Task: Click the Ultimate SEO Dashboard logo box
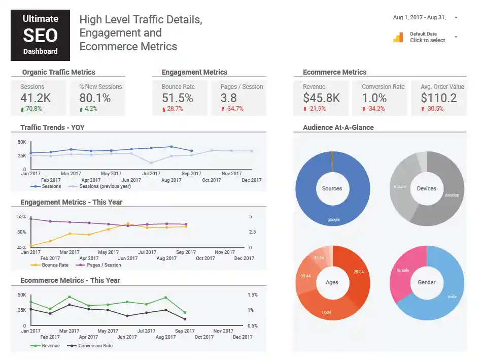click(x=40, y=35)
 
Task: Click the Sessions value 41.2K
click(x=36, y=98)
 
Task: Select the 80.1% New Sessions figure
click(x=95, y=98)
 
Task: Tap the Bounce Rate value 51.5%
click(x=177, y=98)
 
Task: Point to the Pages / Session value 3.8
click(x=228, y=98)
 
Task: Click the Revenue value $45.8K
click(x=321, y=98)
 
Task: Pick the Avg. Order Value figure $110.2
click(x=438, y=98)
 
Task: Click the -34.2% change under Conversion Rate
click(x=375, y=109)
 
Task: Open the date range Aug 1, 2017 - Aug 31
click(x=420, y=18)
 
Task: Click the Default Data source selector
click(x=427, y=37)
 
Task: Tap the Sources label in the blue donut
click(x=332, y=188)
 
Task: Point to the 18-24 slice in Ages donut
click(x=326, y=312)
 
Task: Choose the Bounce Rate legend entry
click(x=54, y=265)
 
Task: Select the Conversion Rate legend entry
click(x=95, y=346)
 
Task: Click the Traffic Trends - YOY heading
click(x=52, y=127)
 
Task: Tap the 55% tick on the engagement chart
click(x=21, y=217)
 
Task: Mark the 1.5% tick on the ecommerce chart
click(x=252, y=294)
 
